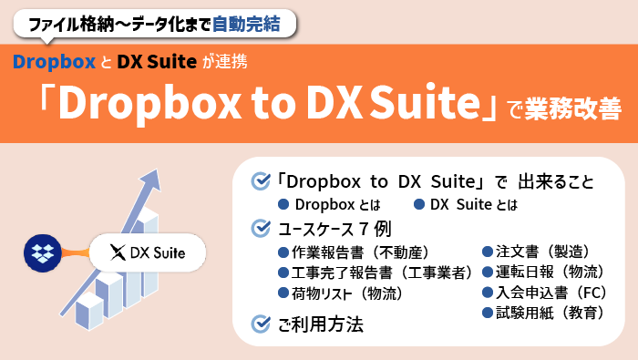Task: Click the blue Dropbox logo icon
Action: pyautogui.click(x=41, y=252)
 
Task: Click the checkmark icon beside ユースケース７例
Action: pyautogui.click(x=260, y=226)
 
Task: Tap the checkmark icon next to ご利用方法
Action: pyautogui.click(x=260, y=323)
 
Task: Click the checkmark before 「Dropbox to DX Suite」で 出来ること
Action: pyautogui.click(x=260, y=180)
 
